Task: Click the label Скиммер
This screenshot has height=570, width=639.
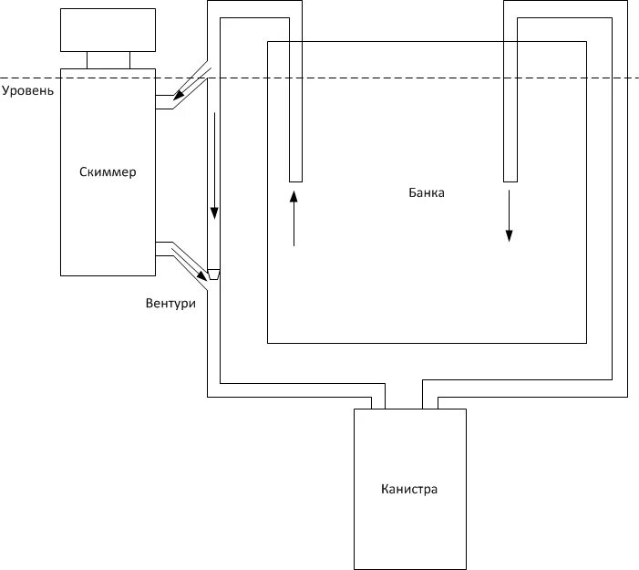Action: pyautogui.click(x=108, y=171)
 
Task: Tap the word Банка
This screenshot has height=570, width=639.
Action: pyautogui.click(x=427, y=193)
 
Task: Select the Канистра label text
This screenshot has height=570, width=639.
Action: pyautogui.click(x=409, y=489)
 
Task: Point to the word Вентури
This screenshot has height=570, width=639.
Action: pyautogui.click(x=170, y=303)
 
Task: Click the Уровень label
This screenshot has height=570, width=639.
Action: pyautogui.click(x=28, y=90)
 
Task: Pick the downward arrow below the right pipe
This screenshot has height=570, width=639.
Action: pyautogui.click(x=510, y=214)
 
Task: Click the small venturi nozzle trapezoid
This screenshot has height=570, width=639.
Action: pyautogui.click(x=214, y=273)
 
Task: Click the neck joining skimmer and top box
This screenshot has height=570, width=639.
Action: pyautogui.click(x=108, y=60)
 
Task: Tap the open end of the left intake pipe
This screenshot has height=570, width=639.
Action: pyautogui.click(x=294, y=179)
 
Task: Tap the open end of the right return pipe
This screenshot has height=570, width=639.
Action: pyautogui.click(x=510, y=179)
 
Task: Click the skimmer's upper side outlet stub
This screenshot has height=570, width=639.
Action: pyautogui.click(x=165, y=102)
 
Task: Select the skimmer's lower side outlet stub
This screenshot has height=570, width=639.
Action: pyautogui.click(x=165, y=249)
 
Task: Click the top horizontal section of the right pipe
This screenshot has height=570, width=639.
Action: pyautogui.click(x=564, y=9)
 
